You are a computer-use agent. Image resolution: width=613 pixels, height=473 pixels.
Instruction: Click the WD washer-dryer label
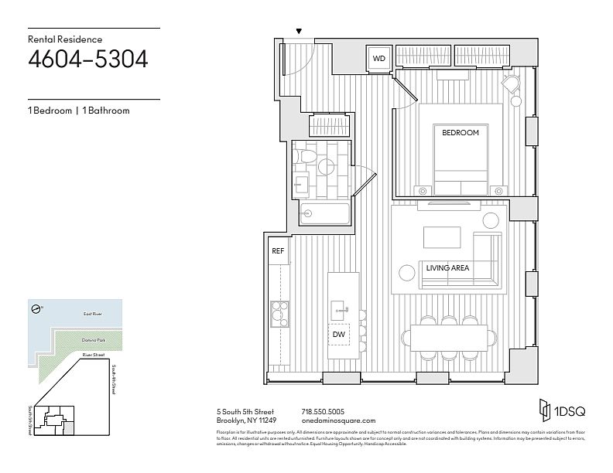[x=379, y=58]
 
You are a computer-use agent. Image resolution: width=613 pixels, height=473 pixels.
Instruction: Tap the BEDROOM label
[x=460, y=133]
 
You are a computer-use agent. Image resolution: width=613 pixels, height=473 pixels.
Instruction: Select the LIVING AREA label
[x=447, y=268]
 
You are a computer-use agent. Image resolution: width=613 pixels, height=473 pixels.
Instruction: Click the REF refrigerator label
[x=277, y=251]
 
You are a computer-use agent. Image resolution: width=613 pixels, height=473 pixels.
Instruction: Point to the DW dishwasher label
[x=338, y=335]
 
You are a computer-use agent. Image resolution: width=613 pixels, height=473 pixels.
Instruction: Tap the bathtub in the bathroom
[x=321, y=213]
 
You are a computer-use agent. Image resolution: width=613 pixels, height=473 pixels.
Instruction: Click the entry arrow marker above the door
[x=300, y=31]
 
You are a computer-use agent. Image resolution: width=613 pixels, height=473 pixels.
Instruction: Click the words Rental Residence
[x=64, y=38]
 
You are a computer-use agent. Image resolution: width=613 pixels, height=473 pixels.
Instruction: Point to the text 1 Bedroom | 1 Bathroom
[x=78, y=111]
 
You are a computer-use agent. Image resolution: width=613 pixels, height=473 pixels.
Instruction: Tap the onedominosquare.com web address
[x=334, y=420]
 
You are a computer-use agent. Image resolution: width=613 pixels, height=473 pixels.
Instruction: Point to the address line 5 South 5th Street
[x=245, y=411]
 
